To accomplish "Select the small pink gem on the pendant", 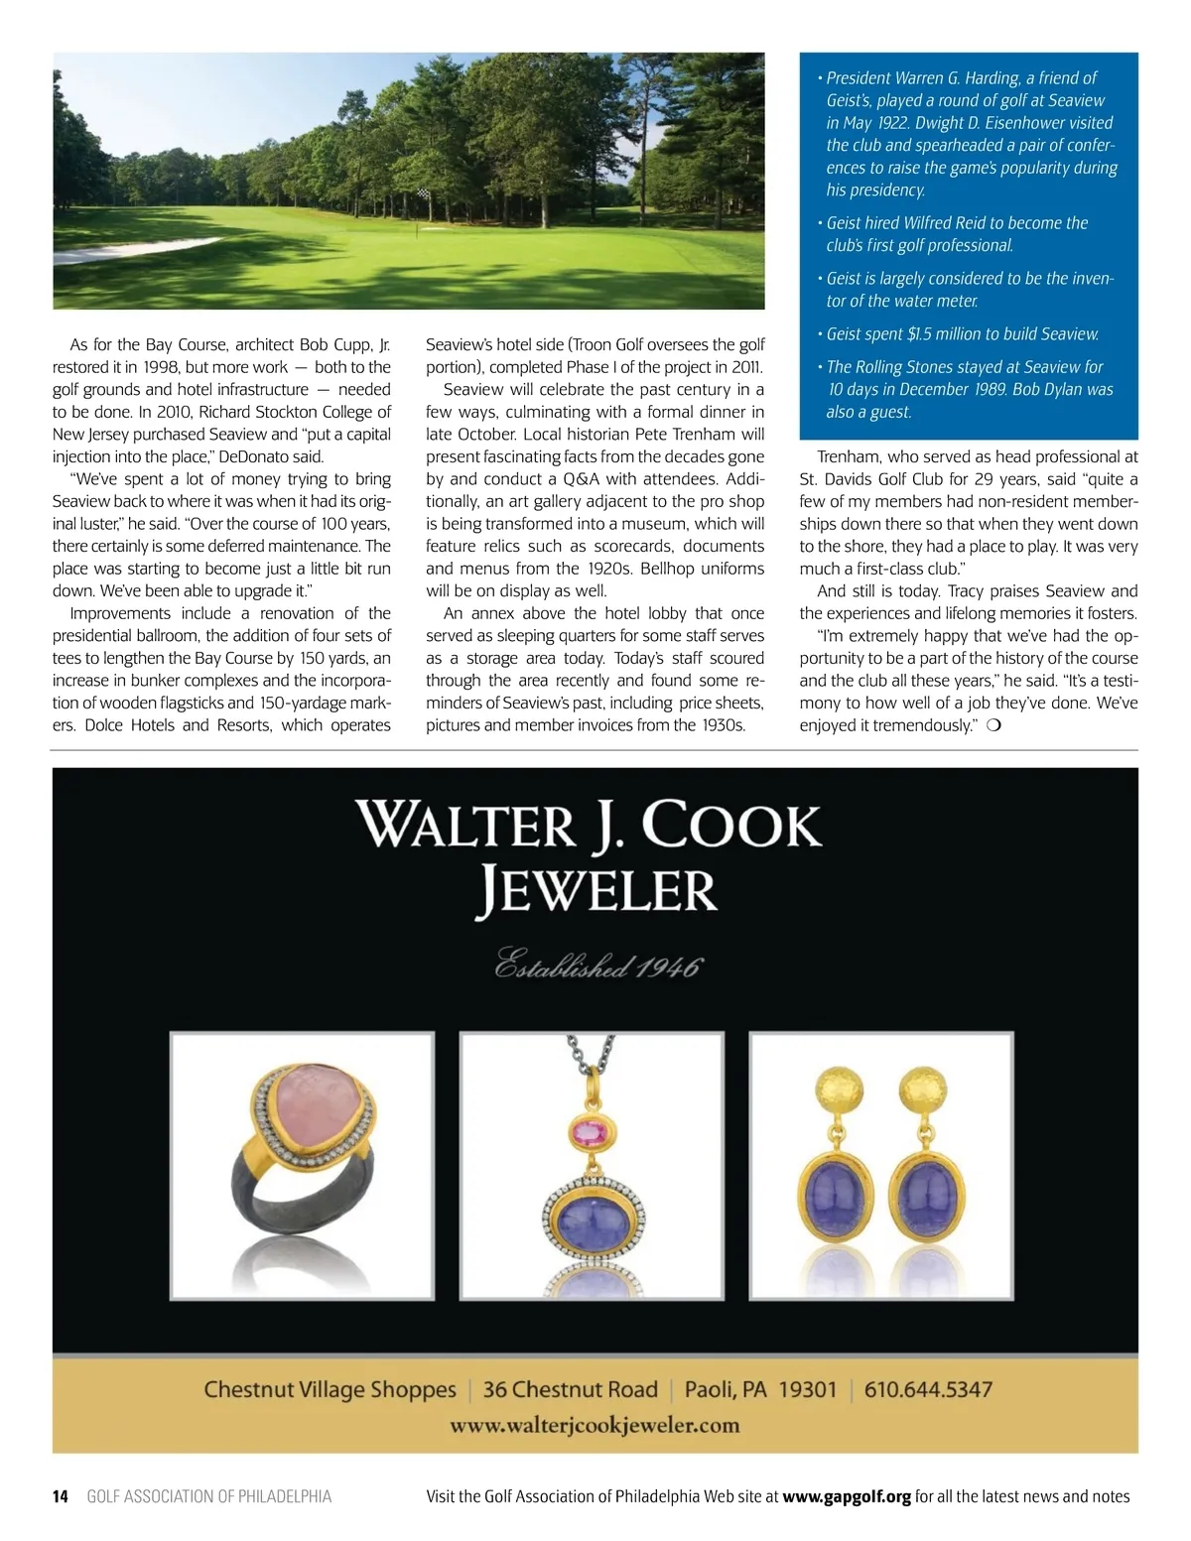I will [591, 1132].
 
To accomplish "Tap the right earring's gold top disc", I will [926, 1092].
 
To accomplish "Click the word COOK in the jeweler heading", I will [732, 826].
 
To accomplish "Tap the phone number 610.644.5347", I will [928, 1389].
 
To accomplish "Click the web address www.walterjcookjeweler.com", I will [595, 1425].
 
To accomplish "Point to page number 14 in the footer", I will [61, 1496].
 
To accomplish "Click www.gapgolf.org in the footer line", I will [847, 1496].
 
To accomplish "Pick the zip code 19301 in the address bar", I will [807, 1389].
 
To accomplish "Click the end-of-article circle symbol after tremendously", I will [994, 725].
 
